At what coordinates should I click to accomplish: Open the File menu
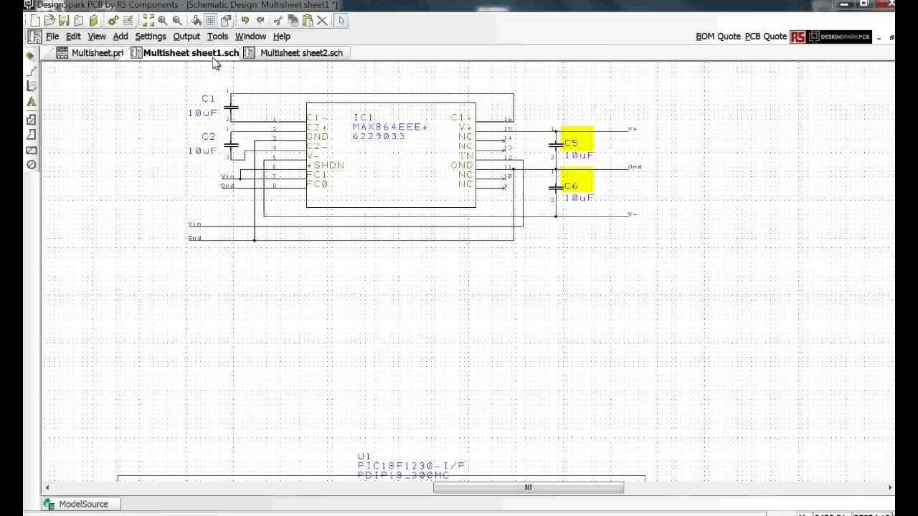coord(52,37)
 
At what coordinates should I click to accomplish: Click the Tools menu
coord(217,37)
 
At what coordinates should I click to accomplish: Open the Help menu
coord(282,37)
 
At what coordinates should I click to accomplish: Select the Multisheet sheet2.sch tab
coord(301,53)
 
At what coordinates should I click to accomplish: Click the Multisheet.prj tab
coord(97,53)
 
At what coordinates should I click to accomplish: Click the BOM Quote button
coord(718,37)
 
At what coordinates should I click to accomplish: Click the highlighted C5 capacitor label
coord(571,143)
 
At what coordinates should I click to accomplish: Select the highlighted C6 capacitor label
coord(571,186)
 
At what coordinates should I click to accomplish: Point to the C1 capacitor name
coord(208,99)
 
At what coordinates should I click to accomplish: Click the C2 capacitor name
coord(208,137)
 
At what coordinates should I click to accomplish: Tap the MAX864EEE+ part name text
coord(389,127)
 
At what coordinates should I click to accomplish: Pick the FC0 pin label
coord(317,184)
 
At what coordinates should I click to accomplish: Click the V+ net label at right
coord(633,129)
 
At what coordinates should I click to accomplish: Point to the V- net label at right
coord(633,214)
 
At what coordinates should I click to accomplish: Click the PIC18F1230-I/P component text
coord(411,466)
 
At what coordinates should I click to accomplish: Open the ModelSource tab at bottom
coord(82,504)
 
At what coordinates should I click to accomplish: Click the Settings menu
coord(150,37)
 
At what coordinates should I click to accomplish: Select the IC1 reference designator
coord(364,117)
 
